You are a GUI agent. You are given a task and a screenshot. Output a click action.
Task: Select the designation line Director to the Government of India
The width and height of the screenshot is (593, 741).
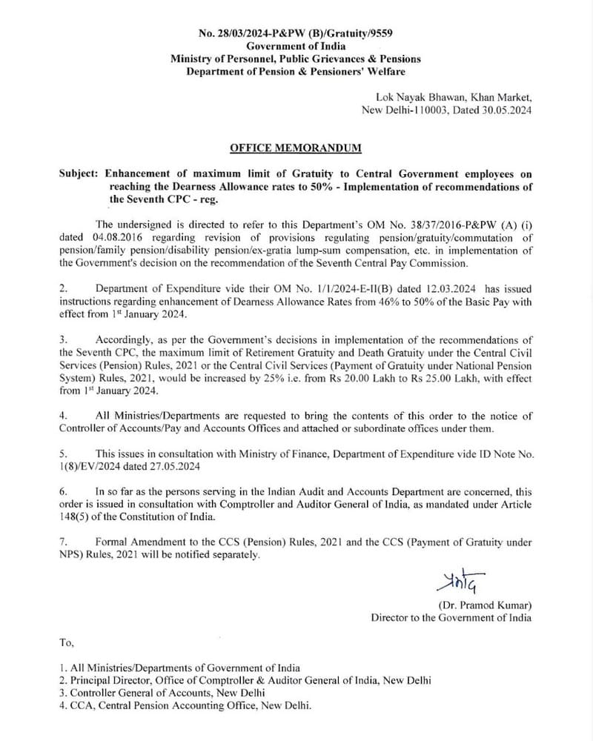(451, 617)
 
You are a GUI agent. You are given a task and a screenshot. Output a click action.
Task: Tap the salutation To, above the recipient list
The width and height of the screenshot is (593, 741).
(67, 642)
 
